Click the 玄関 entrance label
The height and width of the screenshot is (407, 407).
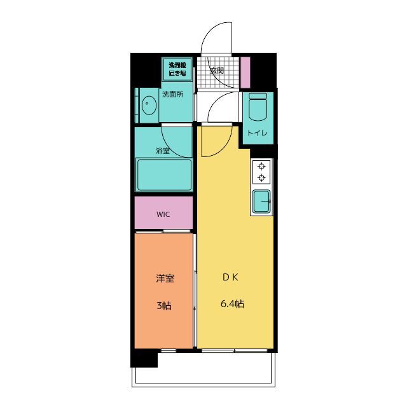217,71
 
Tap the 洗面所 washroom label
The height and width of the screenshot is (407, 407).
172,94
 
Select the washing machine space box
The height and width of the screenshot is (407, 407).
177,69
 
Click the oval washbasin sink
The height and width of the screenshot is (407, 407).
149,105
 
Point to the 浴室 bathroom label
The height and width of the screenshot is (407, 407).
163,151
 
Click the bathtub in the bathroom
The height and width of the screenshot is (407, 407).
164,175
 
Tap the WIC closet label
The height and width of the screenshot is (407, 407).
163,214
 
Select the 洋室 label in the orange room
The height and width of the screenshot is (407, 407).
165,279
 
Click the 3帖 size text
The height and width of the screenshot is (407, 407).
164,306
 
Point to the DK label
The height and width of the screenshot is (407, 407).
230,277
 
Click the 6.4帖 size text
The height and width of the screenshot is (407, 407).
232,304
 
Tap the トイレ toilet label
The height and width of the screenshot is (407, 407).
257,134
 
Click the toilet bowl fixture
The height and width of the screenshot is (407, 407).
258,107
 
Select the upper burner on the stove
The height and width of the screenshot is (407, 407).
261,166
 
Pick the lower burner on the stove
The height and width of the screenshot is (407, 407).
261,177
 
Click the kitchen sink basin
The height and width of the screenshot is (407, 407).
261,201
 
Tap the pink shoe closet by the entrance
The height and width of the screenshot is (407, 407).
245,72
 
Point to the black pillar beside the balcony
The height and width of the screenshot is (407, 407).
144,358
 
